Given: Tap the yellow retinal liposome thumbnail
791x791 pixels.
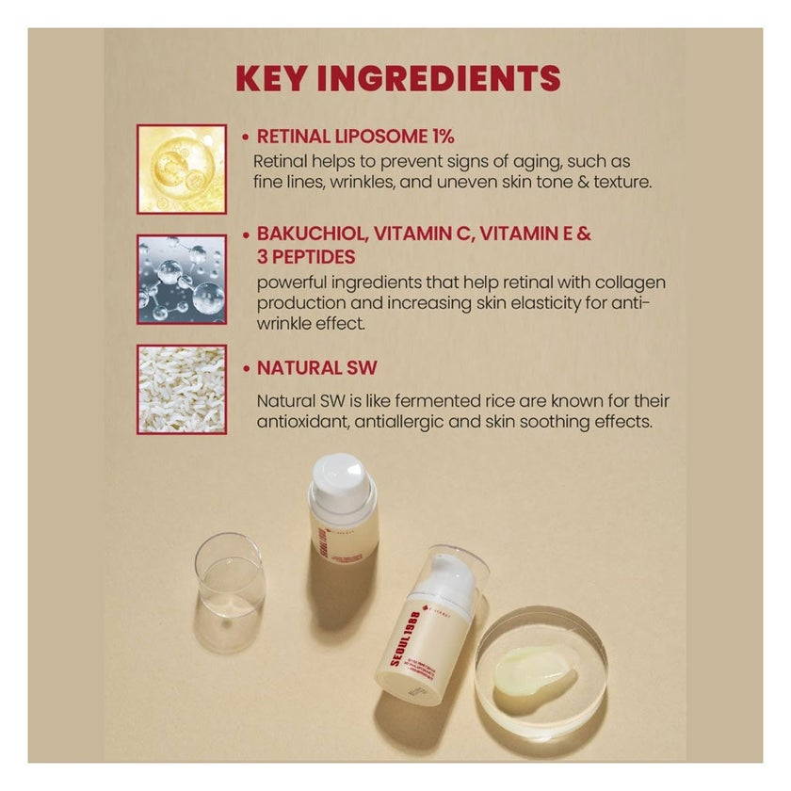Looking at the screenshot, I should [182, 169].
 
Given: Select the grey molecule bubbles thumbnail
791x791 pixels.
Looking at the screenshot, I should [182, 280].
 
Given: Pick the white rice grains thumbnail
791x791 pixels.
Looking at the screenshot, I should [182, 389].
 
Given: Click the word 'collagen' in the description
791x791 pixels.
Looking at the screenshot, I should [634, 282].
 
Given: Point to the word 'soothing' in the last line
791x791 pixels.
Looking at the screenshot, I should [557, 422].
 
